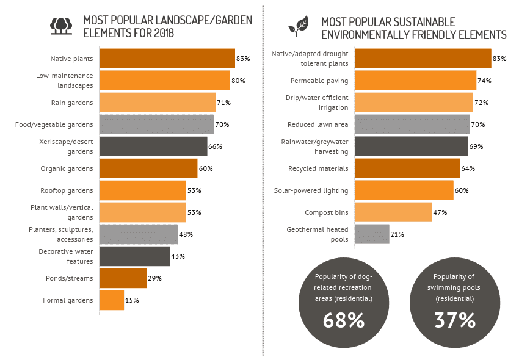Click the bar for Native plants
[x=167, y=59]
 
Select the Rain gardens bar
[x=157, y=103]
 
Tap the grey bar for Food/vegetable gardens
[x=156, y=124]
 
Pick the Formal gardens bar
[x=111, y=300]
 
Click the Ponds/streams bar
[x=123, y=278]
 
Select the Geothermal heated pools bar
[x=372, y=234]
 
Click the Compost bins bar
[x=393, y=212]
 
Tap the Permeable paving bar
[x=415, y=81]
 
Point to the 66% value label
[x=215, y=146]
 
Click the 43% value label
[x=178, y=256]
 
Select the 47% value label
[x=440, y=212]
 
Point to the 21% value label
[x=397, y=234]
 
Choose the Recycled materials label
[x=318, y=168]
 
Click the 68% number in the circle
[x=344, y=319]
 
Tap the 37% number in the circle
[x=455, y=319]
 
